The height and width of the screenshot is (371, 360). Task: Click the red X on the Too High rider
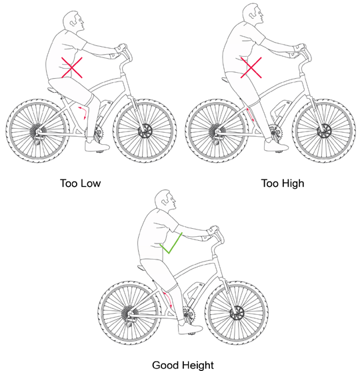(252, 68)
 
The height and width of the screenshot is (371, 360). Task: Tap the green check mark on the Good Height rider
(173, 244)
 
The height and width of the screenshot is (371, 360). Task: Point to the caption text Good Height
(183, 364)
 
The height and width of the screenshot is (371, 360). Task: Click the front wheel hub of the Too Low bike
(143, 129)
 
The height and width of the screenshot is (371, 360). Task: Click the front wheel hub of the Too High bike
(324, 130)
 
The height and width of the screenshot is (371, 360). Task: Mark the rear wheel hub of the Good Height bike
(127, 312)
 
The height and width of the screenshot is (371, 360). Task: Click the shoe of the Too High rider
(273, 145)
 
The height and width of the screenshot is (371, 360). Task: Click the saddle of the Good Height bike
(141, 267)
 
